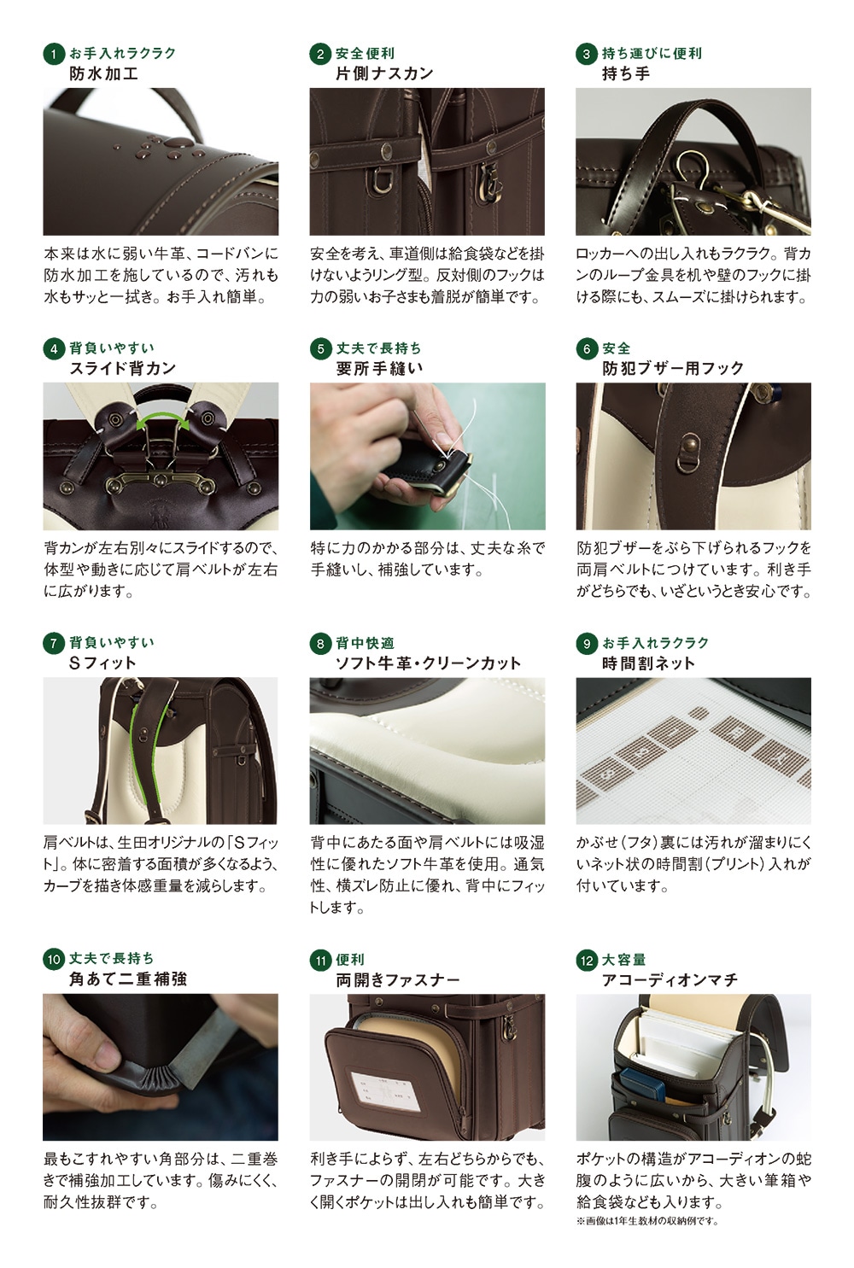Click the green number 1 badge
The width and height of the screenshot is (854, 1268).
(x=53, y=55)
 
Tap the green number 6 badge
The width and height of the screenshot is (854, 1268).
(x=586, y=349)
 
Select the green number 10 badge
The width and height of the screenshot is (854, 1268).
(x=53, y=959)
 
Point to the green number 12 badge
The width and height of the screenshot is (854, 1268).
(x=586, y=960)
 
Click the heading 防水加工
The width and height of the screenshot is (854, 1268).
(x=103, y=73)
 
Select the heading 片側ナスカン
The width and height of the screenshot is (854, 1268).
(x=384, y=73)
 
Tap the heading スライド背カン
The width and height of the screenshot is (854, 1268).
(x=123, y=369)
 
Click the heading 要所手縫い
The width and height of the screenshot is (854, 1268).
(x=379, y=369)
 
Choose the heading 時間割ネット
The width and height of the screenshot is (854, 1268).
(x=648, y=663)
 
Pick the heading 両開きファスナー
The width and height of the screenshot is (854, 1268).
(x=398, y=980)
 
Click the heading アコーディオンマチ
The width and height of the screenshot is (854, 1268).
(x=670, y=980)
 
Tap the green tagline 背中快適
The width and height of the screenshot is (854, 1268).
(x=365, y=643)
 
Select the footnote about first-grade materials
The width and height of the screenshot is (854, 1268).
(x=647, y=1221)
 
